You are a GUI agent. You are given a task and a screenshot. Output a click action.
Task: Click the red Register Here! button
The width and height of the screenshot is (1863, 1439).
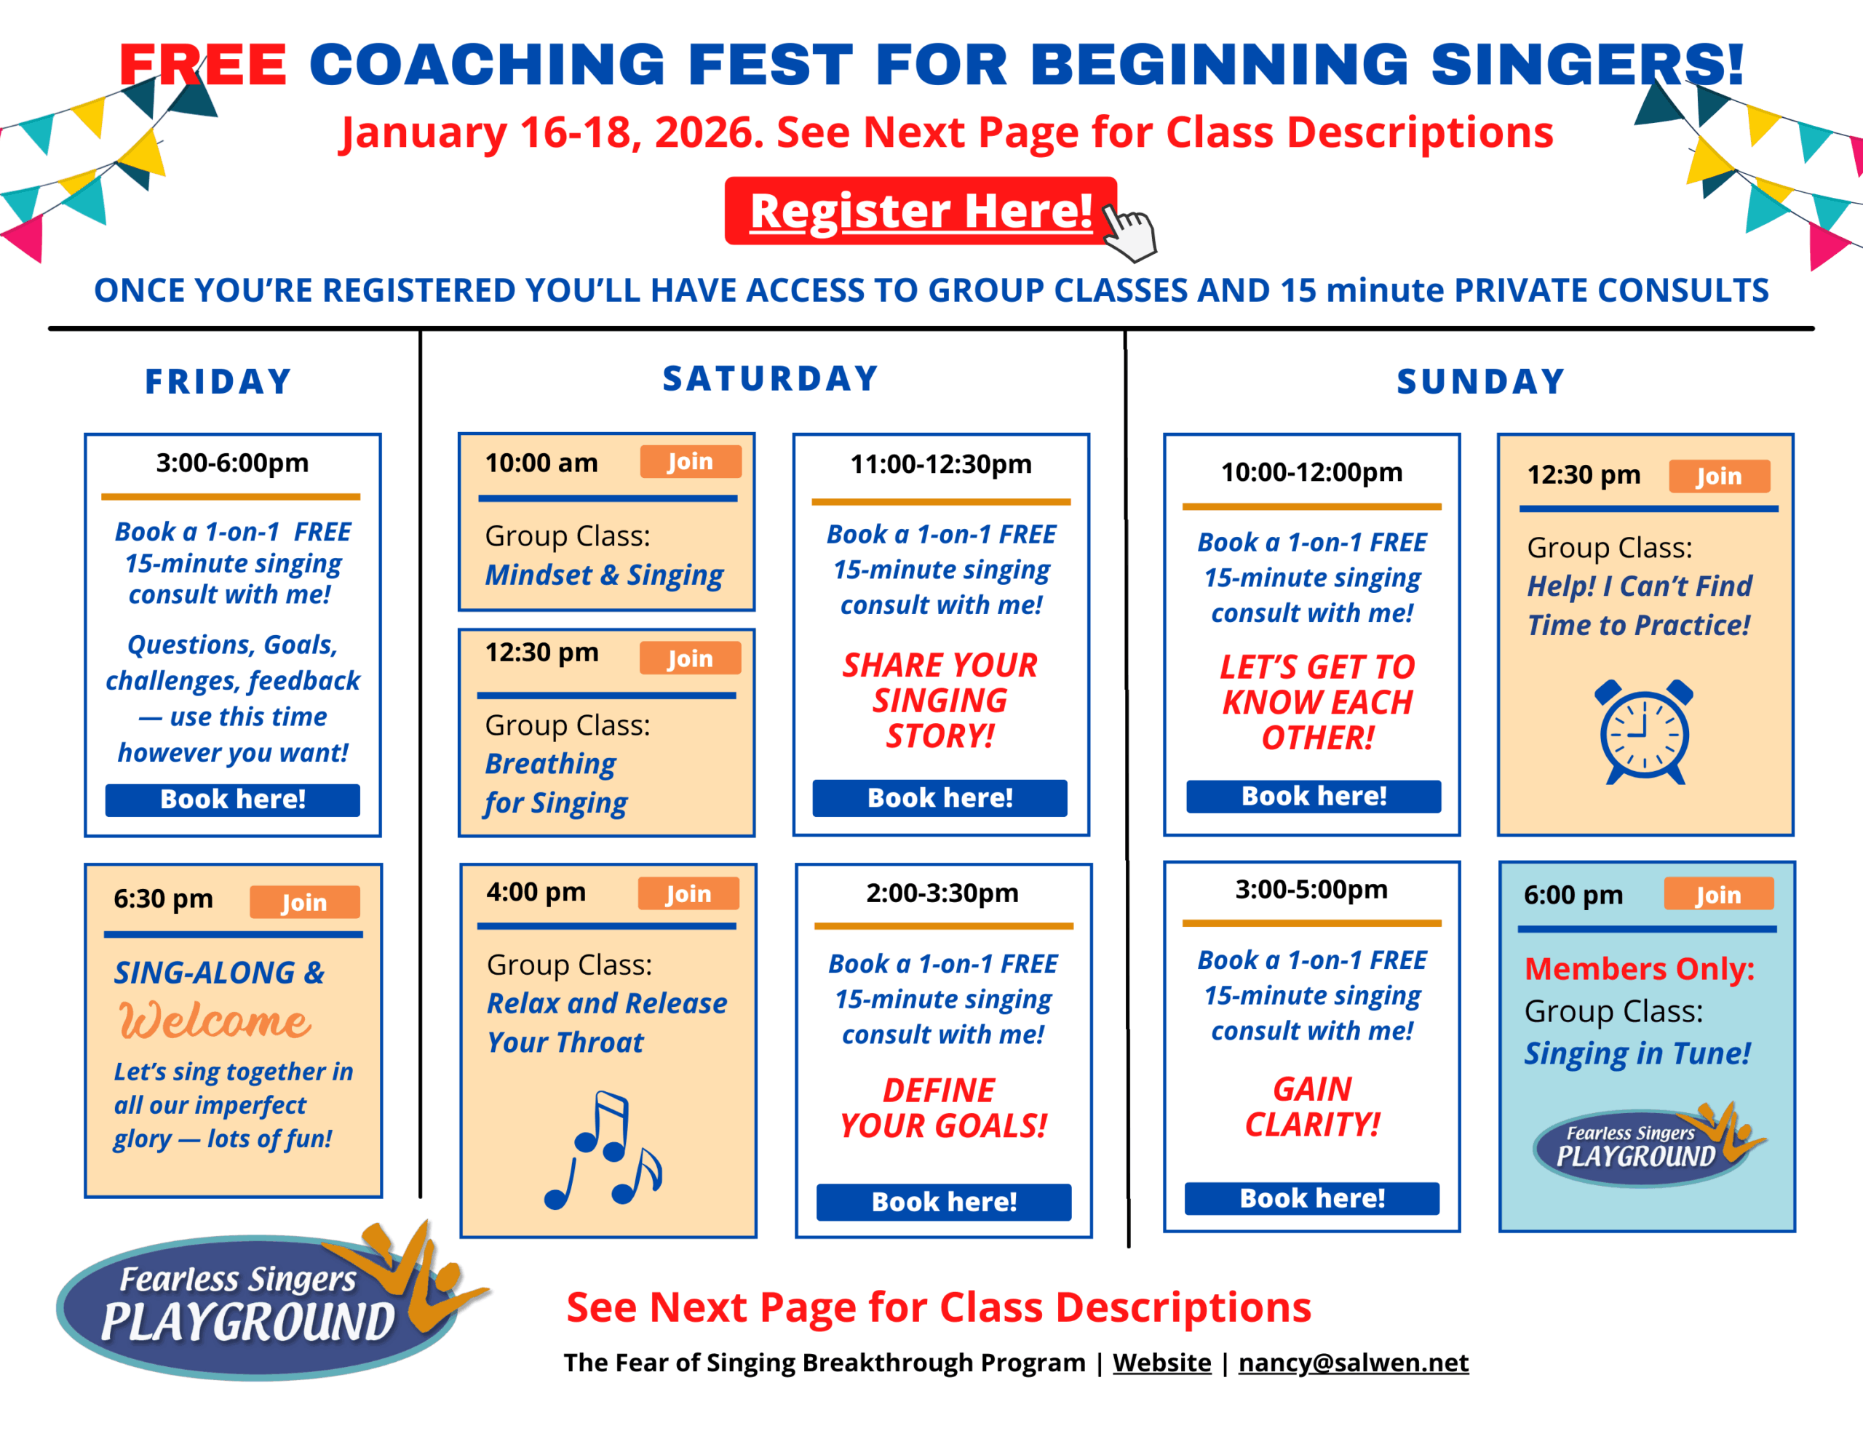[x=921, y=211]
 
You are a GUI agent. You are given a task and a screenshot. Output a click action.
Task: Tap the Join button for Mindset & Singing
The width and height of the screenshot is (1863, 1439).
[x=690, y=461]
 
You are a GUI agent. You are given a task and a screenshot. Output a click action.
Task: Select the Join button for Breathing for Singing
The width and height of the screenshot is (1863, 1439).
[x=690, y=658]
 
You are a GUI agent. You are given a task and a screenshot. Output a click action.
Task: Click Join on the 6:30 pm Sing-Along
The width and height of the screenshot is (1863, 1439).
[x=304, y=901]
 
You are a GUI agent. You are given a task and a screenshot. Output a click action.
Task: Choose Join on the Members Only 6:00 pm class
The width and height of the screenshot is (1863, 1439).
[x=1718, y=894]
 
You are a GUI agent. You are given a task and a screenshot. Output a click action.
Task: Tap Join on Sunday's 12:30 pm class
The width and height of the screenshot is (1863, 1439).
[x=1719, y=476]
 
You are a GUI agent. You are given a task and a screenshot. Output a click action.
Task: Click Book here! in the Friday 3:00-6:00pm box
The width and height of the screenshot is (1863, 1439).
[x=233, y=800]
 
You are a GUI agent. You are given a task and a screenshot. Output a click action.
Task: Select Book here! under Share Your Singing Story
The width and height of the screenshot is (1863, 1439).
[x=940, y=797]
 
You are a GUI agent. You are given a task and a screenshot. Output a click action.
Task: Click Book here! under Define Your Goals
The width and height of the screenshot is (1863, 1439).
[x=943, y=1202]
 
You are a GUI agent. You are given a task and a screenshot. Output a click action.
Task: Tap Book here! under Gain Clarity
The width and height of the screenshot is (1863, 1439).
[x=1312, y=1198]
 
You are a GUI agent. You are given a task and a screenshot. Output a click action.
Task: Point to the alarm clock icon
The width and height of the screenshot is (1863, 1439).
[x=1644, y=732]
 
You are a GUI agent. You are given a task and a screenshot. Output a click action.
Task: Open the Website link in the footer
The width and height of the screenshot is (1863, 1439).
[x=1161, y=1362]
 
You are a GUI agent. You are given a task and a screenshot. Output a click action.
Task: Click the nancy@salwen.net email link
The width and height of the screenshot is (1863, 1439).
[x=1354, y=1362]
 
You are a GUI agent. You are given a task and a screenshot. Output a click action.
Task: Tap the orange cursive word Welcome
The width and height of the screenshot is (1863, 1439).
[x=215, y=1021]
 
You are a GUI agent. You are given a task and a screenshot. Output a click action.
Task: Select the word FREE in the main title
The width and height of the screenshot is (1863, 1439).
[x=203, y=65]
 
